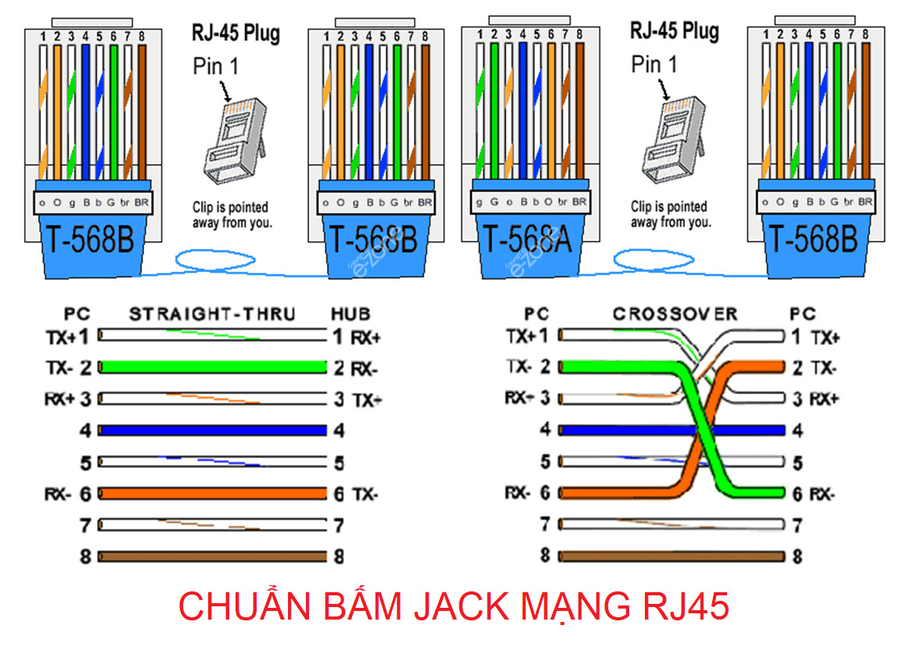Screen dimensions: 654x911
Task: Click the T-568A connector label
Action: (526, 239)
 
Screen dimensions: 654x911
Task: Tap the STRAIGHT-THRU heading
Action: (212, 314)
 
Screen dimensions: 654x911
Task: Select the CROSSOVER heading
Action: (675, 314)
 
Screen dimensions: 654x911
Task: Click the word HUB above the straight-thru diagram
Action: (350, 314)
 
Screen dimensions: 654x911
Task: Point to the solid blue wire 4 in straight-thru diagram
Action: (212, 430)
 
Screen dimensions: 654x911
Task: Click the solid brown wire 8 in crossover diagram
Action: (673, 556)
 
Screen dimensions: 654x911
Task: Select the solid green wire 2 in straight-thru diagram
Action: (212, 367)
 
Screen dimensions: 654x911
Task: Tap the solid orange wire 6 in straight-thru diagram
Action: (212, 494)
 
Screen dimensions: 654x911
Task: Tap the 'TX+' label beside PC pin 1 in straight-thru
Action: (60, 337)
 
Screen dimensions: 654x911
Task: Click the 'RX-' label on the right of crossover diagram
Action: (821, 494)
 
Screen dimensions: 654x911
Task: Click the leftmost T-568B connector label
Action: (88, 239)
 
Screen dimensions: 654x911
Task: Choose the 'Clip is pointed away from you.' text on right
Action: (671, 214)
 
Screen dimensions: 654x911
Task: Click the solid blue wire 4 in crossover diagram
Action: (626, 430)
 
